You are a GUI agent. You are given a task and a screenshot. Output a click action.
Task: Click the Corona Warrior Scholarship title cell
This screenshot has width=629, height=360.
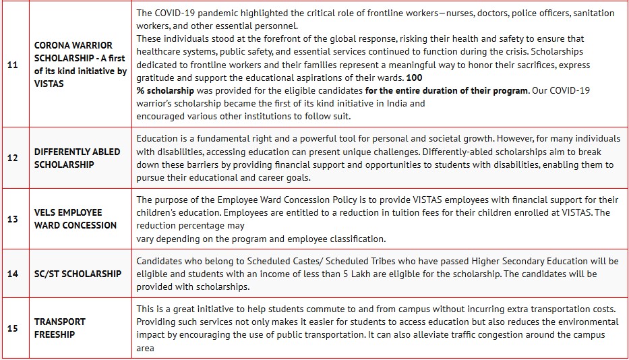80,65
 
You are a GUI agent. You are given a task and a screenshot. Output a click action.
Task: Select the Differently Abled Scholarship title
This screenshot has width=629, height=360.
77,158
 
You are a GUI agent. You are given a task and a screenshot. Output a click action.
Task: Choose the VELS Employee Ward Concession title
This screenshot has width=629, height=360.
75,218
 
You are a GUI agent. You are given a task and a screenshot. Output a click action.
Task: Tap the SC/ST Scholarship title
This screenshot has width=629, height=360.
78,274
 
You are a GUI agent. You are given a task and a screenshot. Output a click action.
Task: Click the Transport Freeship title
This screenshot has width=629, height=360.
60,328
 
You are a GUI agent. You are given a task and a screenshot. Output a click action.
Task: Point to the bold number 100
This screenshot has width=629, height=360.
415,78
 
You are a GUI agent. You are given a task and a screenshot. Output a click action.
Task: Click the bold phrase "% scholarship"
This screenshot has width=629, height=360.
165,90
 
